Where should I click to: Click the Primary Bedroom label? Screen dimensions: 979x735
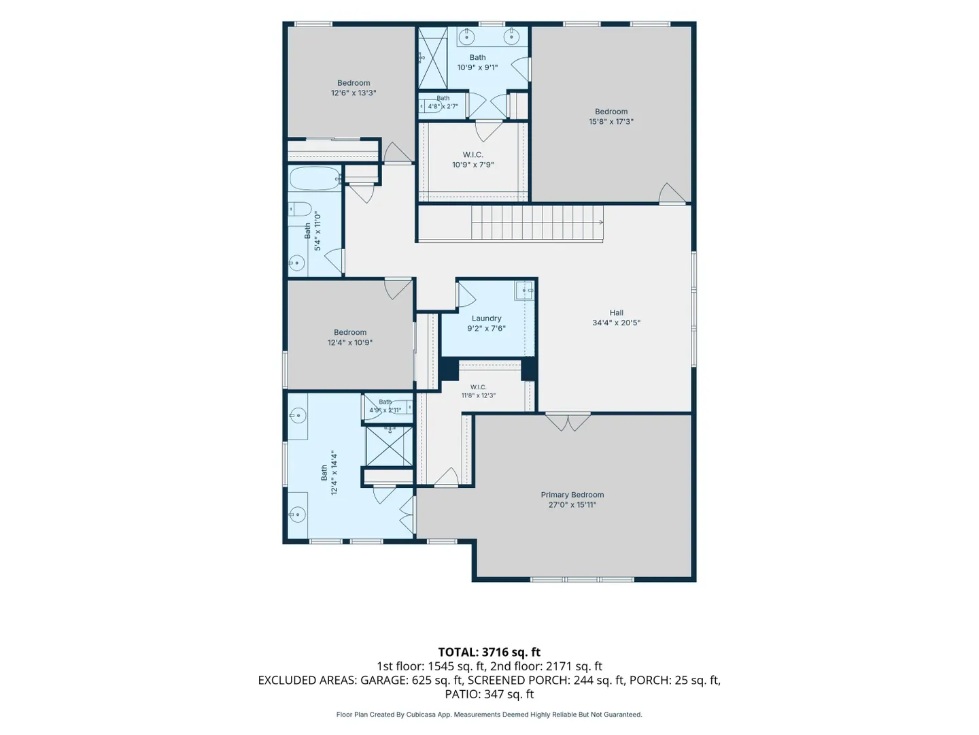point(572,495)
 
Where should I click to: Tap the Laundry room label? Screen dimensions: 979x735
point(486,318)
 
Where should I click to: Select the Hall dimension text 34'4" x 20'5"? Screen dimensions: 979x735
point(616,323)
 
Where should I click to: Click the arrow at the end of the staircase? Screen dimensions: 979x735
point(601,223)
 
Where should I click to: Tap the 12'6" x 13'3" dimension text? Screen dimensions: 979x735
point(354,93)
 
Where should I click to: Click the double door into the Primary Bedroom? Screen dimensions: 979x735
point(567,422)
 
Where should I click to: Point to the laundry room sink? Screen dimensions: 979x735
point(523,291)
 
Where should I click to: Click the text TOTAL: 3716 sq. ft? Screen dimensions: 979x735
point(489,652)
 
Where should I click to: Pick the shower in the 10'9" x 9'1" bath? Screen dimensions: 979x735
point(432,58)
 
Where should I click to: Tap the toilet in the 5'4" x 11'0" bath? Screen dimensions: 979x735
point(300,209)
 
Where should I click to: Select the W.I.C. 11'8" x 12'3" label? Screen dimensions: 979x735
point(478,391)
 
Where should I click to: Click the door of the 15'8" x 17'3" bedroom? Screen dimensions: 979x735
point(672,194)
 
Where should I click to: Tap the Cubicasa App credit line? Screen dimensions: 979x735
point(489,715)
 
